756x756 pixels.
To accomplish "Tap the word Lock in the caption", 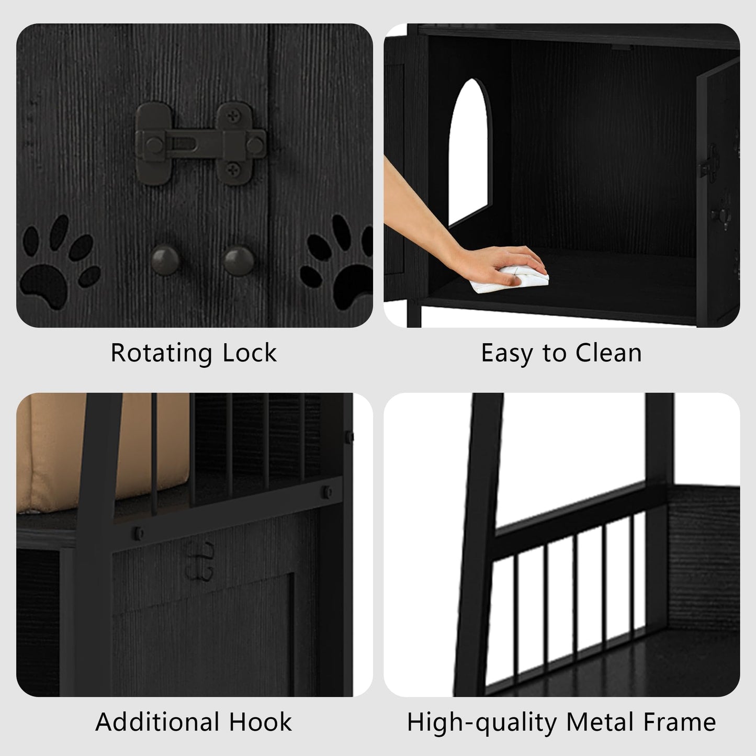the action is point(250,353).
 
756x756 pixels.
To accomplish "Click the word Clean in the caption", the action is point(608,353).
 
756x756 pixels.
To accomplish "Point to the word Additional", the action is point(157,722).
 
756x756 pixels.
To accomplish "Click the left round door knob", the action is point(165,259).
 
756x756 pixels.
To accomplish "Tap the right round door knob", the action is point(239,260).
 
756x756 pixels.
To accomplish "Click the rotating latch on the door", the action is point(200,143).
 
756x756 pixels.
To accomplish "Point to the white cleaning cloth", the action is point(509,278).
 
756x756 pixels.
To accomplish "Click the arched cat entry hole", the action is point(470,152).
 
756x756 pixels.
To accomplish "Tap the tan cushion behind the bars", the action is point(102,452).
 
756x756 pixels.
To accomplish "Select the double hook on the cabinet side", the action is point(200,561).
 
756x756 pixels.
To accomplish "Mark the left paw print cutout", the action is point(58,262).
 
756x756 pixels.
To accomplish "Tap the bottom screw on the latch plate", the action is point(233,170).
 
